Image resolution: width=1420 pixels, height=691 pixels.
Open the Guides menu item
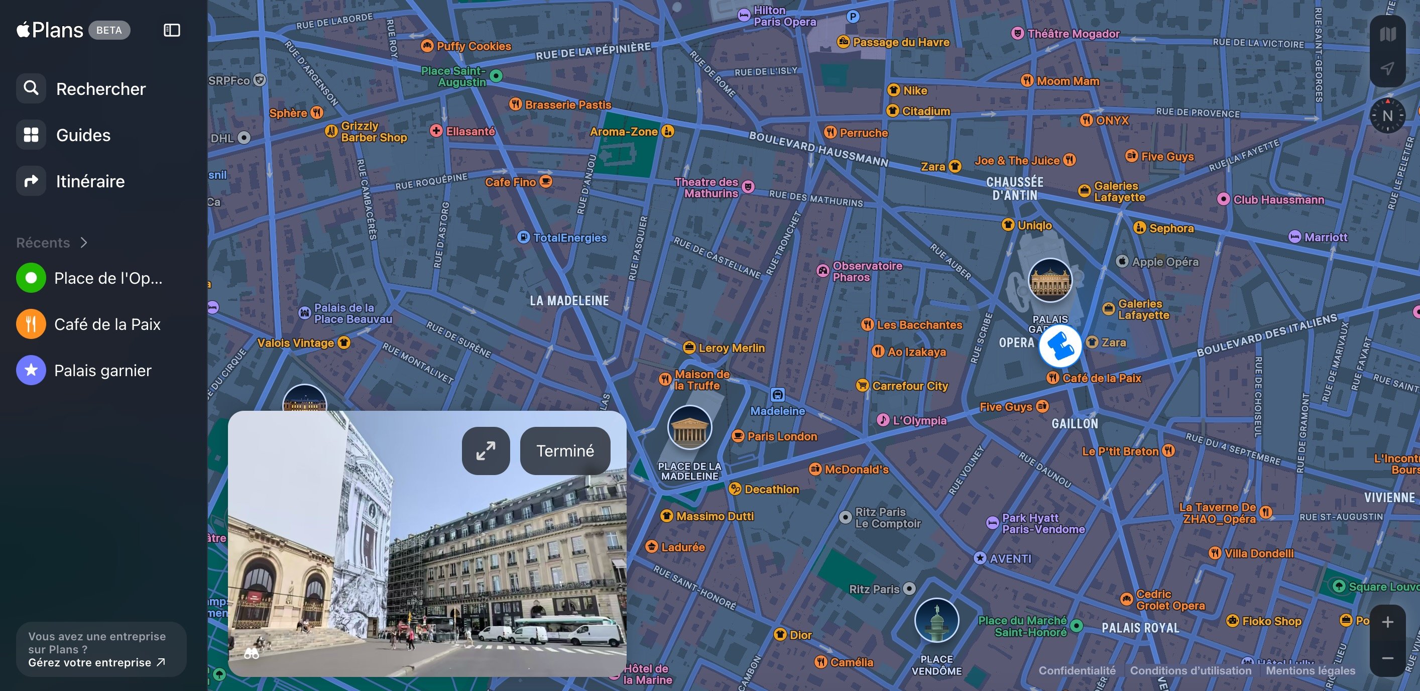(x=83, y=135)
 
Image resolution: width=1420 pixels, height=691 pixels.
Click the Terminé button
(x=565, y=451)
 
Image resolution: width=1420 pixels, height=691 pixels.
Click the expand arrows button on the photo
(x=486, y=451)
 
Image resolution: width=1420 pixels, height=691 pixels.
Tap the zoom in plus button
(x=1387, y=623)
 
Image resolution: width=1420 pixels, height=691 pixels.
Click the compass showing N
(x=1387, y=116)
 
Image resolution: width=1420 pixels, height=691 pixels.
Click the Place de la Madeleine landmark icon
(x=689, y=428)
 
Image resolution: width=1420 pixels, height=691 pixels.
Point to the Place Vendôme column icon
(x=936, y=620)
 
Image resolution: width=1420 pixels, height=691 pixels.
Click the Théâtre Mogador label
(x=1073, y=34)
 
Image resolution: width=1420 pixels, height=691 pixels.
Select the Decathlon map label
(x=771, y=489)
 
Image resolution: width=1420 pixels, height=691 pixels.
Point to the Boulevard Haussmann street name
(x=818, y=149)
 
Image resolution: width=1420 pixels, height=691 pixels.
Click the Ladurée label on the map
(x=682, y=547)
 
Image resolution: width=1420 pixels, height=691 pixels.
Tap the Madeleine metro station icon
(x=777, y=394)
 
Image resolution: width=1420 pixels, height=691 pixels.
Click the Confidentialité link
(x=1077, y=670)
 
